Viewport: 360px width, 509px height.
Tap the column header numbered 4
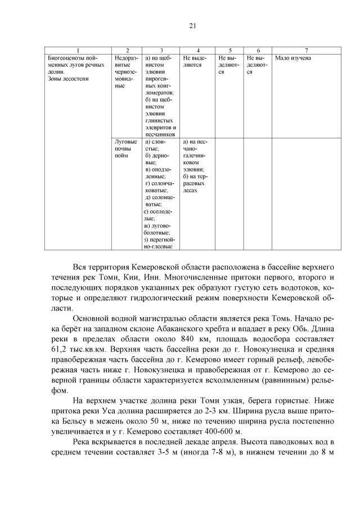coord(197,51)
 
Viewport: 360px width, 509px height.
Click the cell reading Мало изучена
coord(293,58)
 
